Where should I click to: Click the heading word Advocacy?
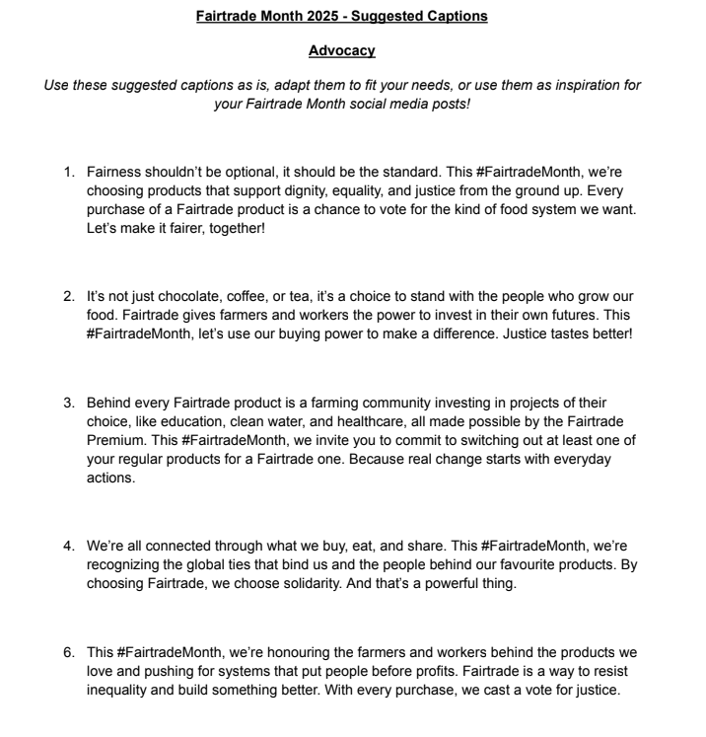[341, 50]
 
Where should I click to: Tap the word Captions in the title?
[456, 16]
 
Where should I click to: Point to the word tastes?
[549, 333]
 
